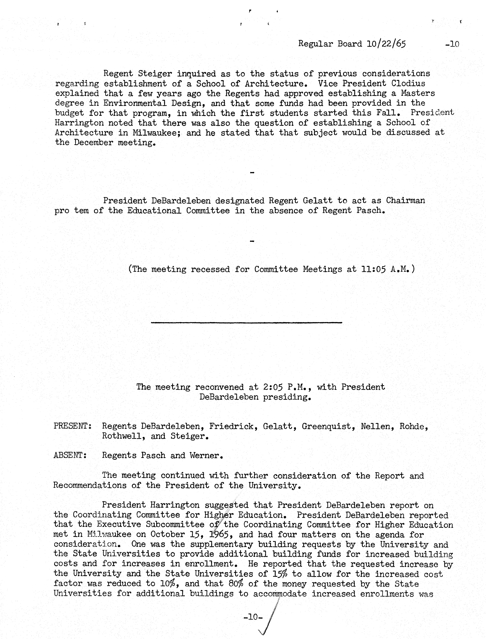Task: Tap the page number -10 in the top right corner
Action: tap(452, 44)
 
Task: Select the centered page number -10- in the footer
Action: tap(253, 617)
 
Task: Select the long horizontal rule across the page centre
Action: tap(247, 322)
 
